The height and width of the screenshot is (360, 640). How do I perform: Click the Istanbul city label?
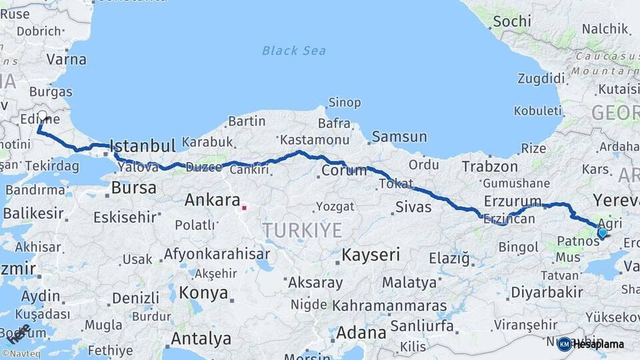[142, 146]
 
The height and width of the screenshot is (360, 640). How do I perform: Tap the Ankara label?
[212, 200]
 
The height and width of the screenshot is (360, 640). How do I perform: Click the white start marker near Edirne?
[43, 116]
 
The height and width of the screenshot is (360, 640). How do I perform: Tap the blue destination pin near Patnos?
[602, 233]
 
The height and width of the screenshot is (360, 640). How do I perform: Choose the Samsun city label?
[399, 137]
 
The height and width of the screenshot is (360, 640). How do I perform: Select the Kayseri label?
[371, 255]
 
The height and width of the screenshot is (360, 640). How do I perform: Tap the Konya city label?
[203, 293]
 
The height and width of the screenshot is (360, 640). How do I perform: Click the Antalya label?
[201, 339]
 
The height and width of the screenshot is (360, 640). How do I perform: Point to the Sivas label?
[413, 207]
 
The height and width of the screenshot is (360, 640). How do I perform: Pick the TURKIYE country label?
[302, 231]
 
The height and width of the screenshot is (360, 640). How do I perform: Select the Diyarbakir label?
[546, 292]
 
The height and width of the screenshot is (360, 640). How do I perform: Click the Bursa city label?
[133, 188]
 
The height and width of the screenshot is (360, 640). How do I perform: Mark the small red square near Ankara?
[244, 208]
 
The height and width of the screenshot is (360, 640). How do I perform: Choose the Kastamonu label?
[315, 140]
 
